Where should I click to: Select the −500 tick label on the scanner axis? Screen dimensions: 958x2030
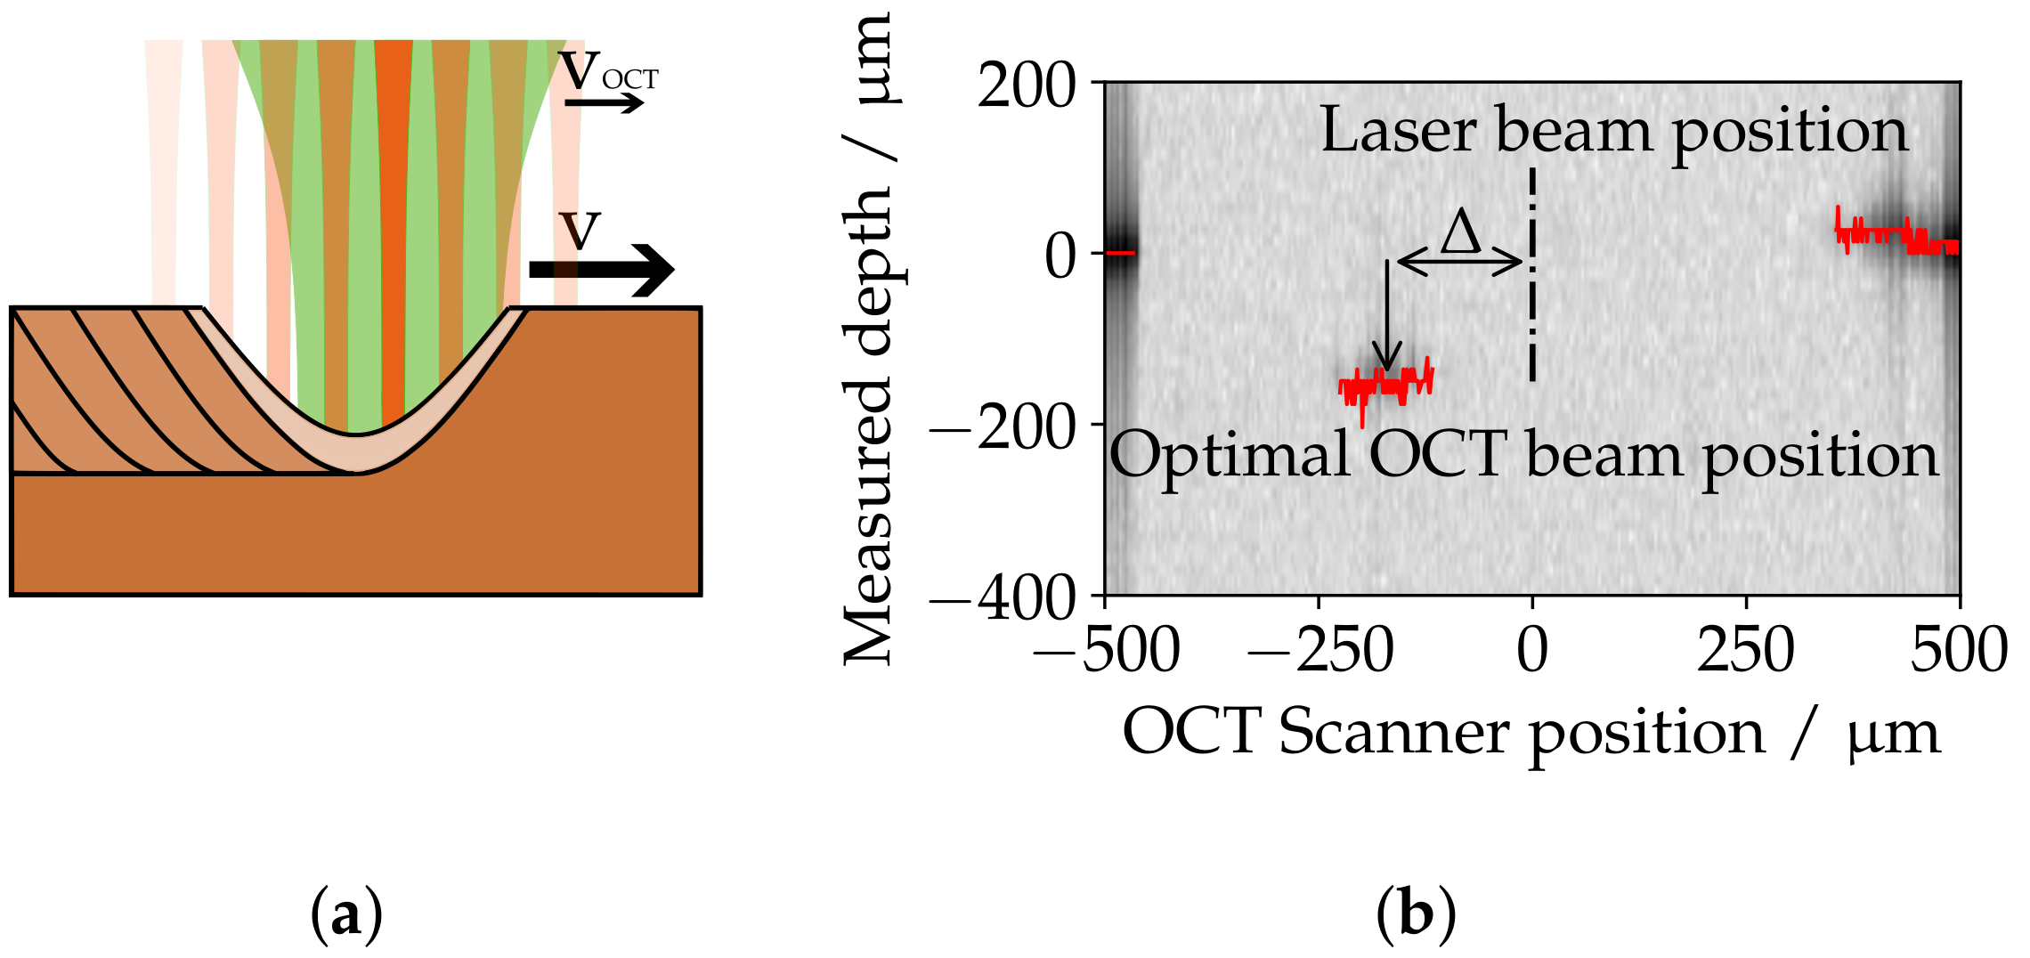1106,650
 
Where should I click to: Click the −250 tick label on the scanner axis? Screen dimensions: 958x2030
1320,650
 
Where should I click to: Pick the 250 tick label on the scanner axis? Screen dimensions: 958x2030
1746,650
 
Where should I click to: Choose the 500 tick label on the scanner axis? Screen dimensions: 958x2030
1959,650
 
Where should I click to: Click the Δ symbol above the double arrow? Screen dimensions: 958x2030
1461,233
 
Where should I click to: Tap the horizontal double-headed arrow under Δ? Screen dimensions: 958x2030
1460,262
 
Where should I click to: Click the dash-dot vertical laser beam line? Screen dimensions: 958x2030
1532,276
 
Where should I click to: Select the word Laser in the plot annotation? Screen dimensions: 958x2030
1398,131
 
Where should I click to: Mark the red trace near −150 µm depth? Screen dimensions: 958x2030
1386,385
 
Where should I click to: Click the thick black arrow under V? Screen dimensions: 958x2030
602,269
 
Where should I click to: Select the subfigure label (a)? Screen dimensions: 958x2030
346,914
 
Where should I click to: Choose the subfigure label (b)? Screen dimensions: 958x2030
1416,914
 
